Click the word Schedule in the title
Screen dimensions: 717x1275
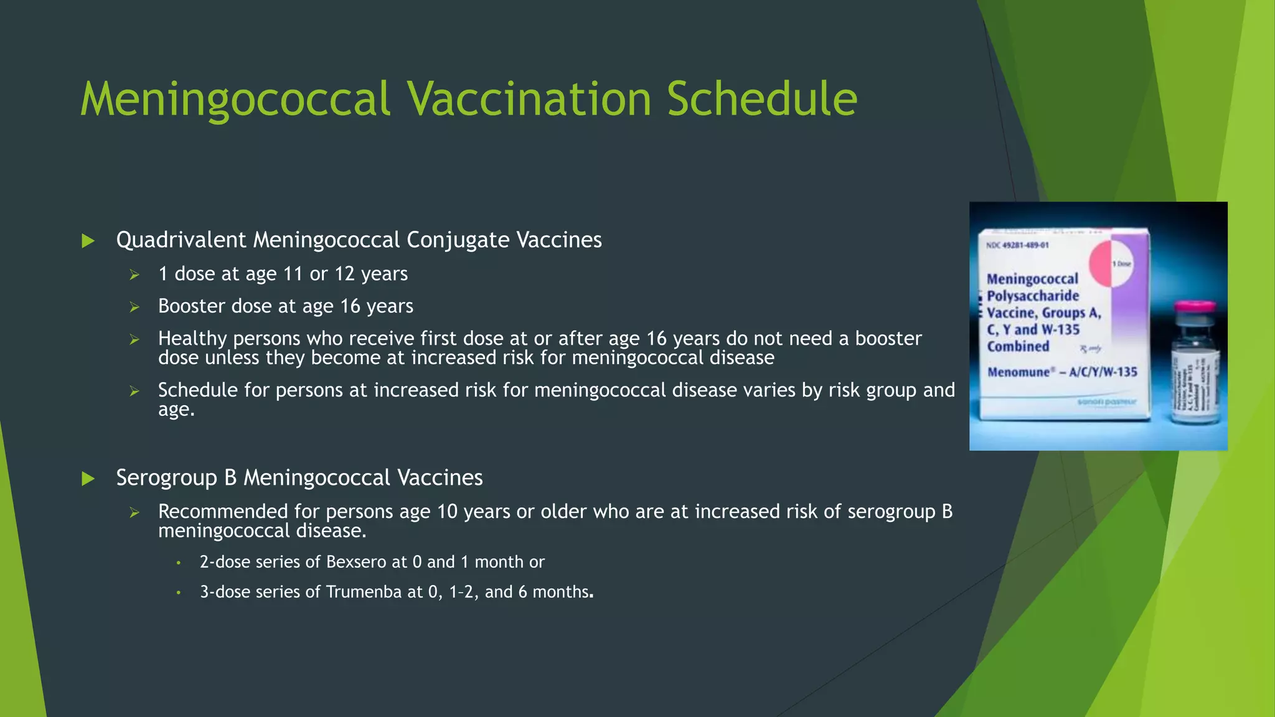coord(761,99)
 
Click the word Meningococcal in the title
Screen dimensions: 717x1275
coord(235,99)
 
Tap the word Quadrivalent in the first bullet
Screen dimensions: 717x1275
coord(181,240)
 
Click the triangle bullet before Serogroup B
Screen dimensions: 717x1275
coord(88,479)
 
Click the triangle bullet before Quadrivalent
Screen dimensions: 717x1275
coord(88,241)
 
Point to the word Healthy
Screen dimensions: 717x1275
coord(192,339)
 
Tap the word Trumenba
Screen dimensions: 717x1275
coord(364,592)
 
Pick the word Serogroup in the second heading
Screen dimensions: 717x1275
coord(166,478)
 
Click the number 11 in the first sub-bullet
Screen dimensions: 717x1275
coord(293,274)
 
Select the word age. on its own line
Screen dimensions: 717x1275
coord(176,410)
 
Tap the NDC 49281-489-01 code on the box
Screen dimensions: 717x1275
coord(1017,245)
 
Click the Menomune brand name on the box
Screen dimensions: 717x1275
coord(1019,372)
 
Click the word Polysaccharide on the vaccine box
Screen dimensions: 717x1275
coord(1032,296)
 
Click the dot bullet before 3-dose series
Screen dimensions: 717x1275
coord(178,593)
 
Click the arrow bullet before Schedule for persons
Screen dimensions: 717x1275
coord(134,391)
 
